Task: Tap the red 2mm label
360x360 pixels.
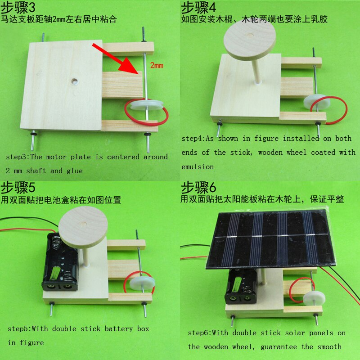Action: [157, 65]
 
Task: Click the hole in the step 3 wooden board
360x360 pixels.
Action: [74, 81]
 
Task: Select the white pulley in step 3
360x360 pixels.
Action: [147, 105]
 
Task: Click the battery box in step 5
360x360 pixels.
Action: [60, 262]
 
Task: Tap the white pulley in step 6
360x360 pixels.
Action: [314, 299]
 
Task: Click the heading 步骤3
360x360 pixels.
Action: [18, 7]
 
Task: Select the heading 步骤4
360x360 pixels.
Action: [198, 7]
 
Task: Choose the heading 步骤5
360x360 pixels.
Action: [18, 187]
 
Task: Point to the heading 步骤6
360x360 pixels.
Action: [198, 187]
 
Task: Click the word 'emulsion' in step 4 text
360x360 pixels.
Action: [198, 166]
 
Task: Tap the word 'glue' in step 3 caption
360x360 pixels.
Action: [75, 171]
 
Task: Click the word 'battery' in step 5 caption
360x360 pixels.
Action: [119, 329]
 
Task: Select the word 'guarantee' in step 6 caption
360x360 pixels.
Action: [279, 346]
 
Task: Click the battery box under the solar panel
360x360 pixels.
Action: [242, 286]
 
